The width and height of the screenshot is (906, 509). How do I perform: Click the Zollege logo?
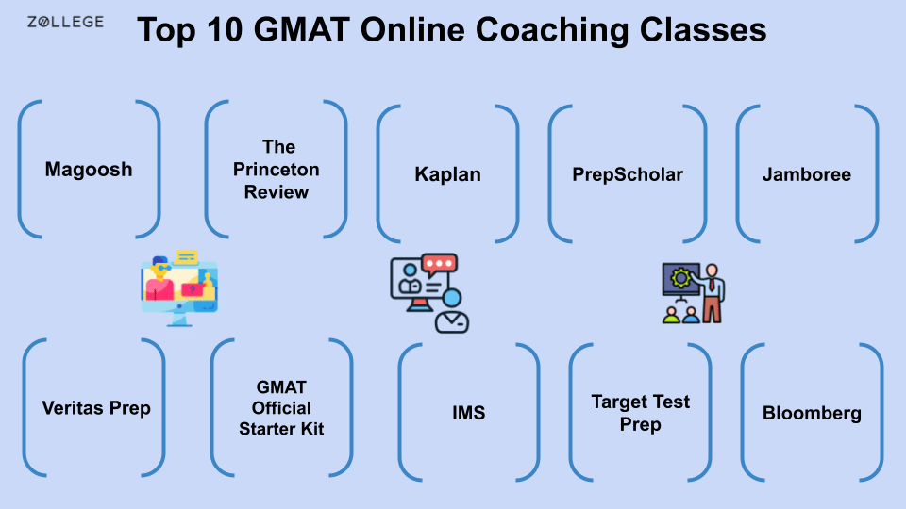click(65, 22)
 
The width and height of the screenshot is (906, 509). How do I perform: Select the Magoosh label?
click(89, 170)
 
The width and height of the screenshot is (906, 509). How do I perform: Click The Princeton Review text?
click(277, 170)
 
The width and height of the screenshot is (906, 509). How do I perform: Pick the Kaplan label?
click(447, 174)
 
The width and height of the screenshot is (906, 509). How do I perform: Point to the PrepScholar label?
click(628, 174)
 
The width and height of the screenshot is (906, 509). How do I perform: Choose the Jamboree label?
click(807, 174)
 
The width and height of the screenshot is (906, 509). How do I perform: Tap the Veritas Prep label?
click(96, 408)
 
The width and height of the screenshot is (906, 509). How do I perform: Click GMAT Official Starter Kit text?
click(281, 408)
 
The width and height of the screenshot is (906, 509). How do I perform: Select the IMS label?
click(468, 413)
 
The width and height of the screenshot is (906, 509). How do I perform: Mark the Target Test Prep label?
click(640, 413)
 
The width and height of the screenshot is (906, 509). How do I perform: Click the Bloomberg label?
click(812, 413)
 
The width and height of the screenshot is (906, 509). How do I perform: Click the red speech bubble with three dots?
click(439, 265)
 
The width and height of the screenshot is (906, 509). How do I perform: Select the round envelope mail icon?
click(451, 320)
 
